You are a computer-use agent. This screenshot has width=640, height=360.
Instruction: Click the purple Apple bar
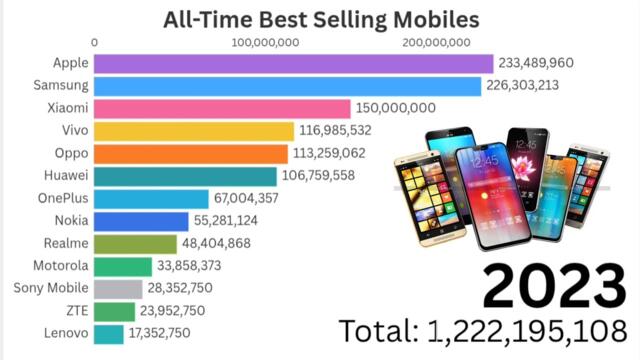[293, 63]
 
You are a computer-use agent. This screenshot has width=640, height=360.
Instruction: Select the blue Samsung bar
[288, 86]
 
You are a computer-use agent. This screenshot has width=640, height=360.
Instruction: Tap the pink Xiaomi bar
[223, 108]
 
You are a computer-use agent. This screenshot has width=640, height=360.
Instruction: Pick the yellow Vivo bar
[194, 131]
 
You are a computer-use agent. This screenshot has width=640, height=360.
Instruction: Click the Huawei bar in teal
[186, 176]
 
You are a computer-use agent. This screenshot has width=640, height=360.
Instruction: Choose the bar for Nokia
[142, 221]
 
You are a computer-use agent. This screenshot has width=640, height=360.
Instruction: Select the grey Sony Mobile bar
[119, 288]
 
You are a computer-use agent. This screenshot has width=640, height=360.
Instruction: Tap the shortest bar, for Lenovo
[110, 333]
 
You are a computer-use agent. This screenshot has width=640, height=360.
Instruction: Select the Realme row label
[66, 243]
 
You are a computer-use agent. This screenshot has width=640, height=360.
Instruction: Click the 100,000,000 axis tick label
[265, 42]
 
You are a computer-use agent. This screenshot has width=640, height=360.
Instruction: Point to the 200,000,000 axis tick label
[435, 42]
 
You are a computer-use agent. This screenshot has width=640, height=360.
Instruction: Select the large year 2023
[553, 286]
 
